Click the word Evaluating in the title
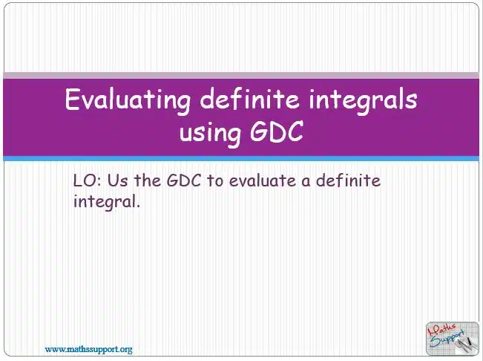click(128, 100)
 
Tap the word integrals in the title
click(363, 100)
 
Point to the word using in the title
click(210, 132)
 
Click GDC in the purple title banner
click(277, 131)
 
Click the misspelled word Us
click(117, 180)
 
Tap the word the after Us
click(147, 180)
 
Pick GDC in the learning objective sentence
click(184, 180)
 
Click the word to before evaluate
click(214, 181)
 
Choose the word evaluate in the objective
click(262, 180)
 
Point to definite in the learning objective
click(348, 180)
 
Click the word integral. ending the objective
click(107, 202)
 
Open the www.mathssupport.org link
click(89, 350)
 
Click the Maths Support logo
click(453, 339)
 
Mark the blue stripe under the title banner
click(241, 158)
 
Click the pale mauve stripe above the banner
click(241, 75)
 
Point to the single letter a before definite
click(306, 181)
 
